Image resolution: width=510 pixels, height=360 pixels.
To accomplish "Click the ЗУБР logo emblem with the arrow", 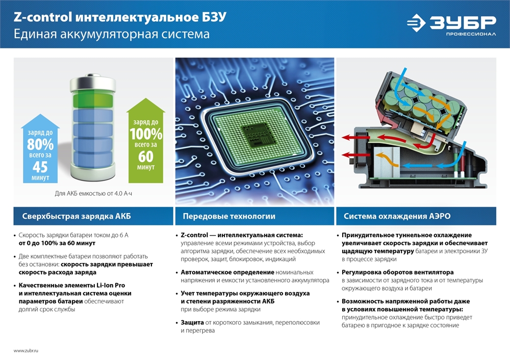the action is [416, 23].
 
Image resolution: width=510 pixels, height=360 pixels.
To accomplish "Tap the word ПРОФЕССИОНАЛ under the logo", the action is [471, 34].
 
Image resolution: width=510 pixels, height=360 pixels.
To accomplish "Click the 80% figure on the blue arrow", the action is [40, 144].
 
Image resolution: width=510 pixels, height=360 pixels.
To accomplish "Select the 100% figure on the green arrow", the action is [146, 134].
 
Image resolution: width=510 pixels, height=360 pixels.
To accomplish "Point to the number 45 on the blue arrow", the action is [40, 167].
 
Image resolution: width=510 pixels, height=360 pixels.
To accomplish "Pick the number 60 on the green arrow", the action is [146, 157].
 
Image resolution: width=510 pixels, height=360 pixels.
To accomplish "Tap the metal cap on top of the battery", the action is [93, 84].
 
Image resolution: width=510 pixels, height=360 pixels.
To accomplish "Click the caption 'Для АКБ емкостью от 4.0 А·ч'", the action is [93, 193].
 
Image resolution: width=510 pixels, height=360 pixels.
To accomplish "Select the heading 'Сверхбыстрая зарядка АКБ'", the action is [76, 216].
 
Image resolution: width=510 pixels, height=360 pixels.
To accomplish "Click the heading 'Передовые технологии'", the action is [229, 216].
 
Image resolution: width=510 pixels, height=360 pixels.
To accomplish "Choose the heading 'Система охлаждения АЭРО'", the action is [397, 216].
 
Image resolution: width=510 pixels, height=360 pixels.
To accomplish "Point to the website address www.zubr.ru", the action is [25, 351].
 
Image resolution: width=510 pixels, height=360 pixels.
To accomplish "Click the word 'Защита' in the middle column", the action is [192, 323].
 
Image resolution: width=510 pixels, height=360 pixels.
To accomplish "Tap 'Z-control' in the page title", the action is [43, 17].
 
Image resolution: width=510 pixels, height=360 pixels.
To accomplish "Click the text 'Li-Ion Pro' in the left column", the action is [111, 285].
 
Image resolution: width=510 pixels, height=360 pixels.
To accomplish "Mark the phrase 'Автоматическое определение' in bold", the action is [227, 272].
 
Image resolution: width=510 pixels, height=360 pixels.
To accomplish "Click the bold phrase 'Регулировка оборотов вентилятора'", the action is [397, 272].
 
